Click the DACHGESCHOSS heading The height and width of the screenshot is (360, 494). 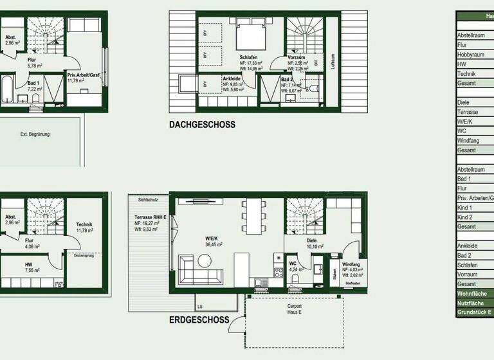click(203, 125)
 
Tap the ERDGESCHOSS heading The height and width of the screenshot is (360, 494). click(199, 319)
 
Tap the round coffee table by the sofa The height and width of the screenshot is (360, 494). click(205, 260)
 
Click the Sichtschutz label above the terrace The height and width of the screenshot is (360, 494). click(147, 200)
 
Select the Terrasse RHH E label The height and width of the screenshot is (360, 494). click(151, 218)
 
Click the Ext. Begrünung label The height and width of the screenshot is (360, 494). click(35, 134)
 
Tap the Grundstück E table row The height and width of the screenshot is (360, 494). click(474, 312)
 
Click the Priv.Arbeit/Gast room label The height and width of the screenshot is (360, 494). click(85, 75)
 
